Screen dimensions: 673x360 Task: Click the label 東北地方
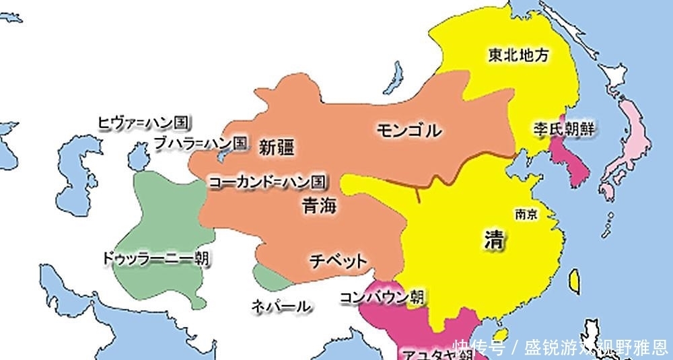pyautogui.click(x=518, y=56)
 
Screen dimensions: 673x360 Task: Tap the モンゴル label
pyautogui.click(x=409, y=130)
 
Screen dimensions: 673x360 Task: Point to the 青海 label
pyautogui.click(x=319, y=206)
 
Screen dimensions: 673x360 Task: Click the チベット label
pyautogui.click(x=338, y=260)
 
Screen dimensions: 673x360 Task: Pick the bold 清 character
pyautogui.click(x=495, y=240)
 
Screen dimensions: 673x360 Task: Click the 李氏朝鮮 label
pyautogui.click(x=565, y=128)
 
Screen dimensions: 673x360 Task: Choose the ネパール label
pyautogui.click(x=281, y=306)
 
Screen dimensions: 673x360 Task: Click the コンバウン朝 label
pyautogui.click(x=382, y=296)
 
